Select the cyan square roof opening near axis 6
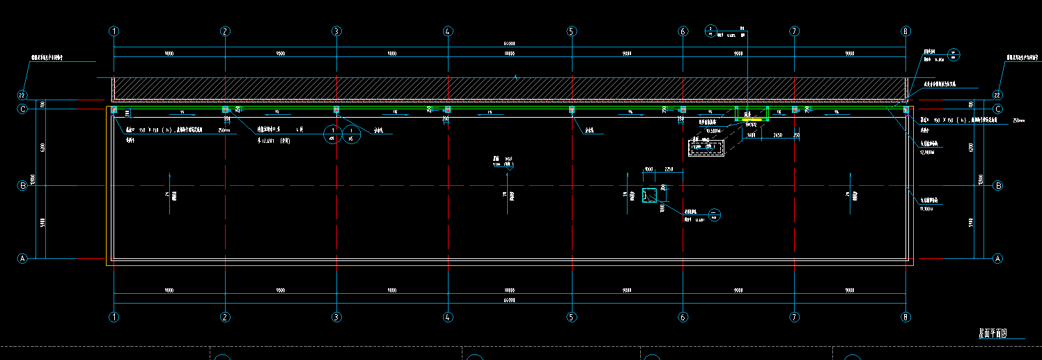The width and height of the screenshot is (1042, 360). click(649, 195)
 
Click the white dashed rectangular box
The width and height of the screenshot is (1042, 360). click(706, 148)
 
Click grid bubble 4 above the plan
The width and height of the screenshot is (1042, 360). click(448, 31)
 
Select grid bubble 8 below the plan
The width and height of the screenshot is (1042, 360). click(905, 317)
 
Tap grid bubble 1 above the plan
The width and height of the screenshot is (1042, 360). click(114, 31)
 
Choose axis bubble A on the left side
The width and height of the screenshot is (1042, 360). click(22, 258)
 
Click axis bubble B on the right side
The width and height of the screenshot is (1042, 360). click(997, 186)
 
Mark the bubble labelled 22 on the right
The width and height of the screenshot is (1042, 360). click(997, 95)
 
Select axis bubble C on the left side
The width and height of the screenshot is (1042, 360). click(22, 109)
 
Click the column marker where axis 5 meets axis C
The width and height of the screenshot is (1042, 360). click(572, 109)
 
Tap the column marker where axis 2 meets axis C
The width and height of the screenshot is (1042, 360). click(225, 109)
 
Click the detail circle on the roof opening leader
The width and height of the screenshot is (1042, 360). click(715, 214)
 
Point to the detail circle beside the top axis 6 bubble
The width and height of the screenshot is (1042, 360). click(710, 31)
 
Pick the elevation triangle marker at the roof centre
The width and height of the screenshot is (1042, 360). click(510, 169)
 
